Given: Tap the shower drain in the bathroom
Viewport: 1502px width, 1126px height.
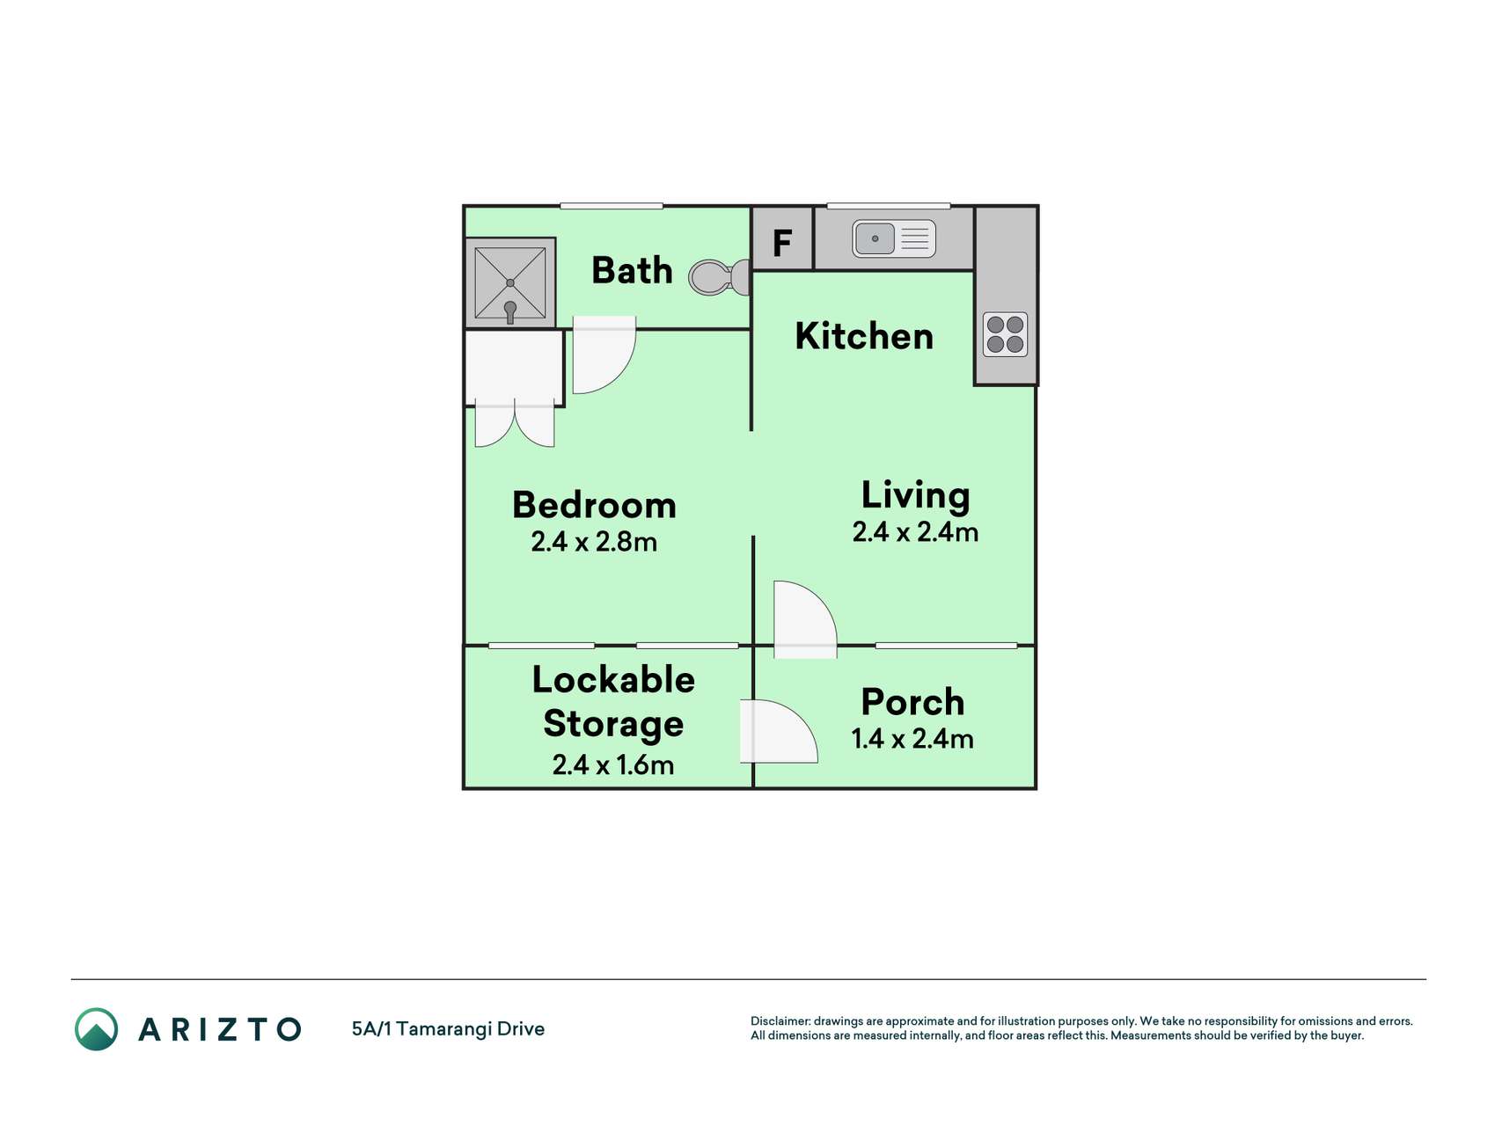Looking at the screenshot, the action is [x=510, y=282].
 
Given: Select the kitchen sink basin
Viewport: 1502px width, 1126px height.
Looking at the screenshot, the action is [x=875, y=238].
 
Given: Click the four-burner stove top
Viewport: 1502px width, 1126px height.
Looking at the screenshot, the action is [x=1005, y=334].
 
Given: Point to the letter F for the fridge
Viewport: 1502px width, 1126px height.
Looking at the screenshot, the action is [x=781, y=242].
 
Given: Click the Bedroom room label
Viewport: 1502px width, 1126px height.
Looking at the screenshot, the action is [x=594, y=505].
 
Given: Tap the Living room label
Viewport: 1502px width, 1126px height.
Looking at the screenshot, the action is [x=915, y=495].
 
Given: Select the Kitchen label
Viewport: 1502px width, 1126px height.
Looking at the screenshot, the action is [x=864, y=336].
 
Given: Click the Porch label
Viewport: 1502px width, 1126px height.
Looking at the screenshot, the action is [x=912, y=702].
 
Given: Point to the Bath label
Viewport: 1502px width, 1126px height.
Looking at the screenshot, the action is [x=632, y=270].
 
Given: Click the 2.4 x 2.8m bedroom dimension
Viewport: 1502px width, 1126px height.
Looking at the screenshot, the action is [x=594, y=542].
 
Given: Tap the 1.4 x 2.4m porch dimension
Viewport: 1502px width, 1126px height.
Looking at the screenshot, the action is [x=912, y=738].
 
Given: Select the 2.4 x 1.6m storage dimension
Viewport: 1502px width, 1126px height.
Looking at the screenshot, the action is [x=613, y=764].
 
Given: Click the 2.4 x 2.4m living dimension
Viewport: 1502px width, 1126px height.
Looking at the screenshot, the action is [x=915, y=532].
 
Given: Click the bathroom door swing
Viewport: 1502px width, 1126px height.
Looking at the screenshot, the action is [x=604, y=355].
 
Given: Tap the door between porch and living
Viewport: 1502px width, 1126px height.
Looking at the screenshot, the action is [x=804, y=619].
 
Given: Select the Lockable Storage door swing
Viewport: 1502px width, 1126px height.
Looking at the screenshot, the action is [x=779, y=730].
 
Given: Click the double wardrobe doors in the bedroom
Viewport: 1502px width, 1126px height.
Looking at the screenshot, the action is [x=515, y=423].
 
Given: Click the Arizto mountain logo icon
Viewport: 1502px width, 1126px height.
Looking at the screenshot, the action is [x=96, y=1029].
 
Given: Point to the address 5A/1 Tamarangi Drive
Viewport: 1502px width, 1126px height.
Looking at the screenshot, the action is [x=448, y=1029].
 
